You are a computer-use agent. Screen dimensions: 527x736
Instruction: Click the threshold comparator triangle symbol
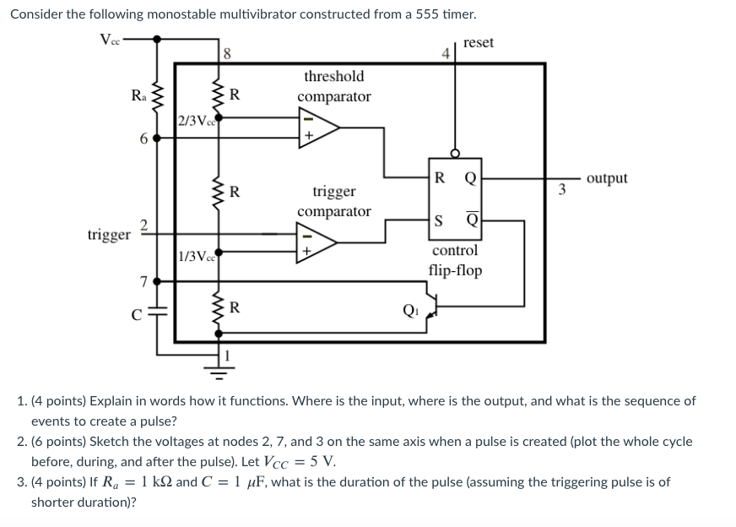coord(317,128)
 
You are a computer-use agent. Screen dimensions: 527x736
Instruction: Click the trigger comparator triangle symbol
coord(317,242)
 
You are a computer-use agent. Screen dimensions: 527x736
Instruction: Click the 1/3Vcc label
coord(196,256)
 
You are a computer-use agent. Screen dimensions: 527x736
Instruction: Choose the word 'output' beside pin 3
coord(606,177)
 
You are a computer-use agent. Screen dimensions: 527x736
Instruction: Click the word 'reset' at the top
coord(479,42)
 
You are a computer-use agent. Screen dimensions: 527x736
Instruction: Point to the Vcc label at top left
coord(111,39)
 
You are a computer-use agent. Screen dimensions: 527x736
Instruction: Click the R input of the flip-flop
coord(440,177)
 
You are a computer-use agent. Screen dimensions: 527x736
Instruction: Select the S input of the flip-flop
coord(440,221)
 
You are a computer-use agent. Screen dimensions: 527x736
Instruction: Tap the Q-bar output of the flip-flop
coord(471,221)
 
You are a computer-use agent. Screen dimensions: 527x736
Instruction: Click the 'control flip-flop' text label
coord(455,260)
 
